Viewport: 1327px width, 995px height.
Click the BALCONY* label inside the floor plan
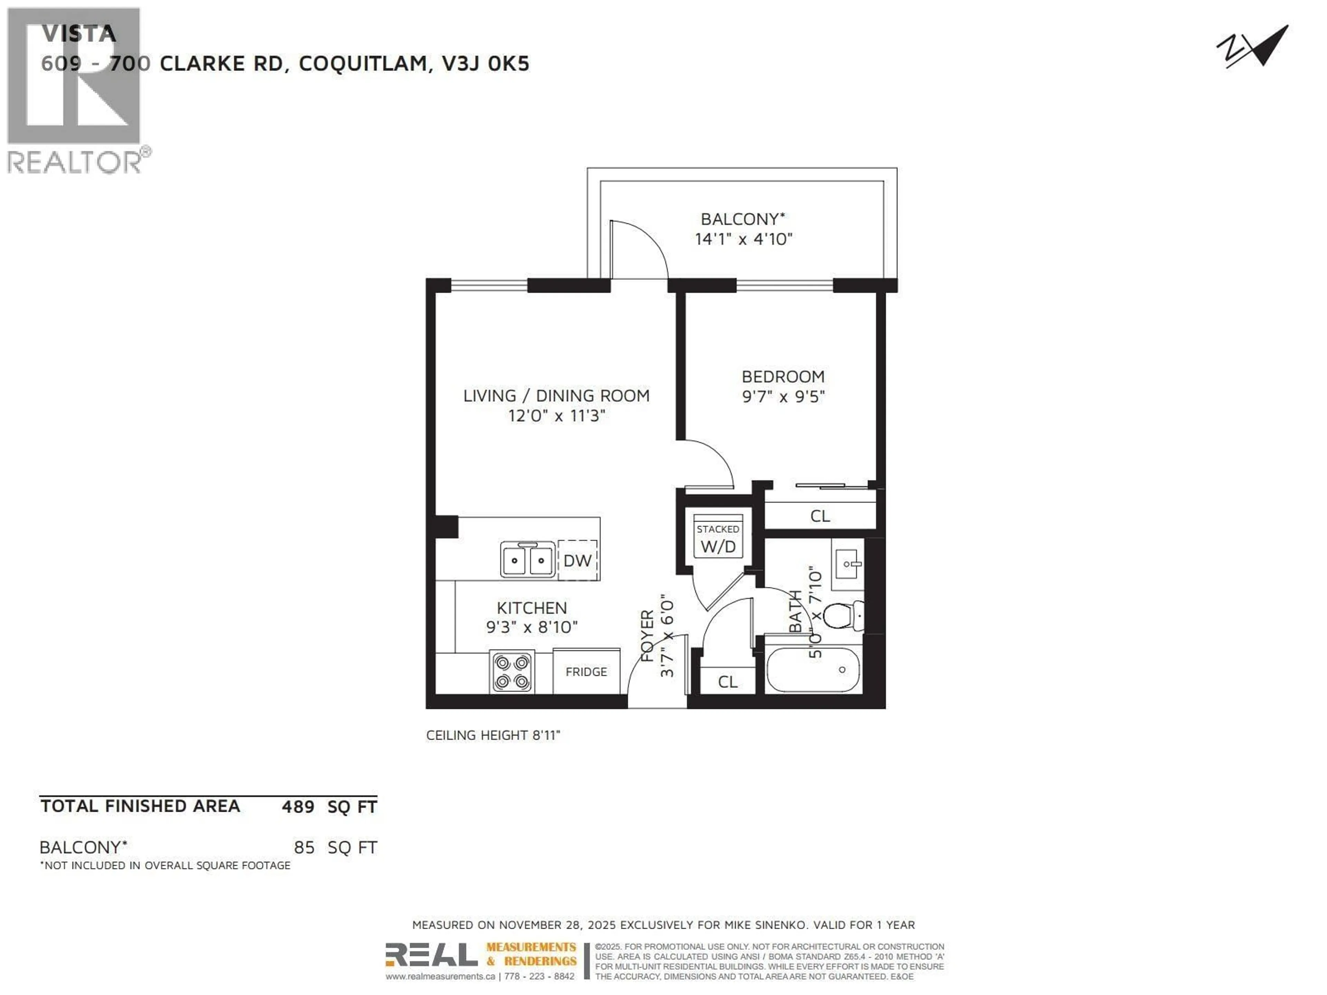743,219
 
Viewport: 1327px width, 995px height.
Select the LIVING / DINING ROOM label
556,396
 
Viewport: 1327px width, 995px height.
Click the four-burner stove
512,672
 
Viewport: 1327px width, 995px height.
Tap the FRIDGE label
586,672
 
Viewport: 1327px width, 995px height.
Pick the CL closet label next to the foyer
728,682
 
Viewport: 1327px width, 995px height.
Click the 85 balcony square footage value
304,847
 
